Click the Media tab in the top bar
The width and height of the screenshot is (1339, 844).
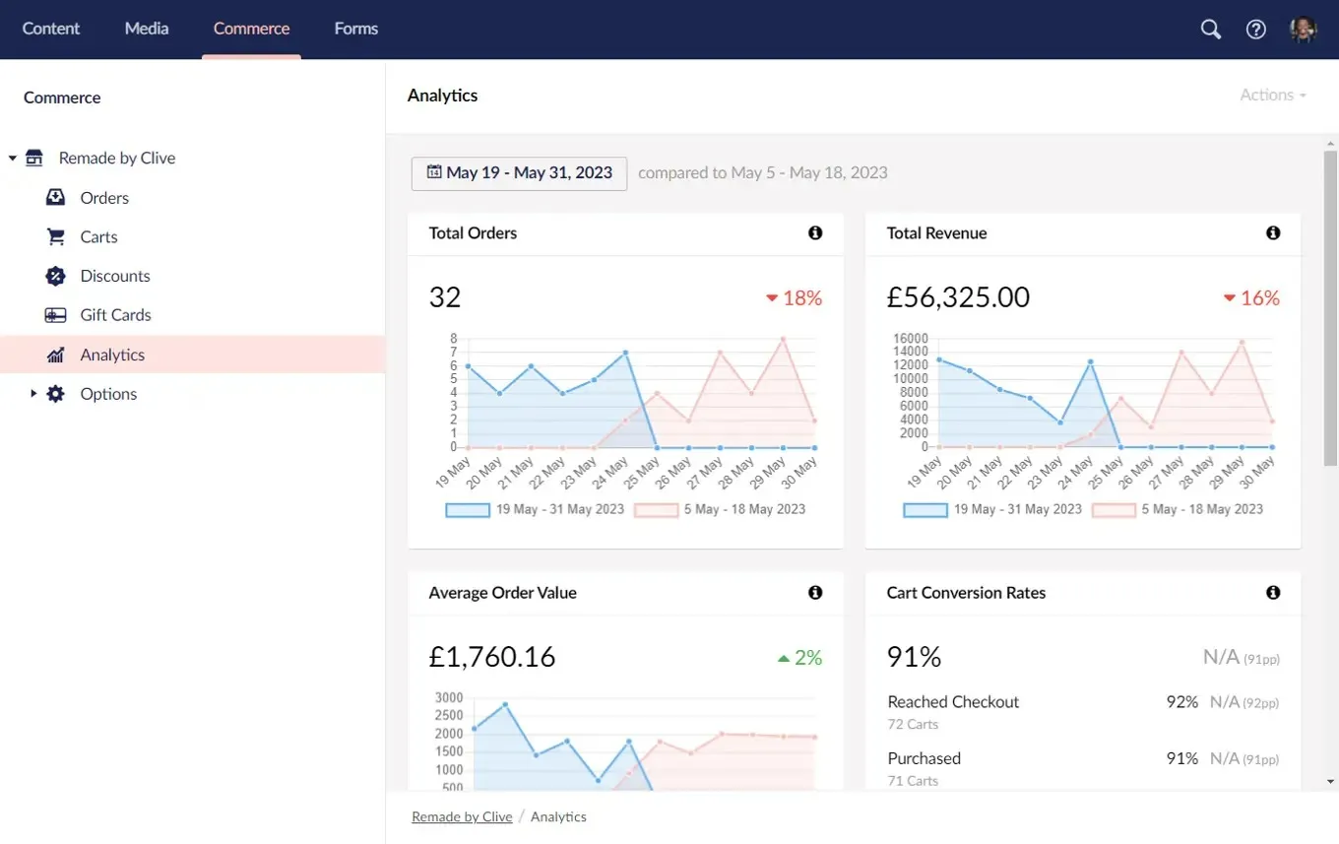[147, 29]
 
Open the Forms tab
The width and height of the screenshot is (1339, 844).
[355, 29]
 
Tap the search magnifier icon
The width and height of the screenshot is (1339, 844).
[1210, 30]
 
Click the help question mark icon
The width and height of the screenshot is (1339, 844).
[1255, 30]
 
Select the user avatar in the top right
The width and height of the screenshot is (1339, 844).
[1303, 30]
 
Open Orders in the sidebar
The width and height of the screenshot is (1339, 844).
[104, 198]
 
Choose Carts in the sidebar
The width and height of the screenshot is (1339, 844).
[98, 237]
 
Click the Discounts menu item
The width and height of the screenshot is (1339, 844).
[115, 276]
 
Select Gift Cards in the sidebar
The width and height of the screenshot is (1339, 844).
[115, 315]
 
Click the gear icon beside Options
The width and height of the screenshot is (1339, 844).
[56, 394]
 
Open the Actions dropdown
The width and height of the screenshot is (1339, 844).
[1272, 96]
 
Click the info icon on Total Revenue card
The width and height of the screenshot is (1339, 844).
[1273, 233]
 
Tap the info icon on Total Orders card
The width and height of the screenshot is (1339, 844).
[815, 233]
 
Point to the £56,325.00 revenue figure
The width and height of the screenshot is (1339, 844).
[958, 297]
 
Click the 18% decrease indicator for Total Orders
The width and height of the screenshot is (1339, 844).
[794, 298]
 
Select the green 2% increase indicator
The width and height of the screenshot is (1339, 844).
[799, 658]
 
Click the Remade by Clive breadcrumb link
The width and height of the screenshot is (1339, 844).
[462, 816]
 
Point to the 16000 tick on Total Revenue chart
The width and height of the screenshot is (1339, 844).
[910, 338]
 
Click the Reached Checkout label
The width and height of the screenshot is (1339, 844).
[953, 702]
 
